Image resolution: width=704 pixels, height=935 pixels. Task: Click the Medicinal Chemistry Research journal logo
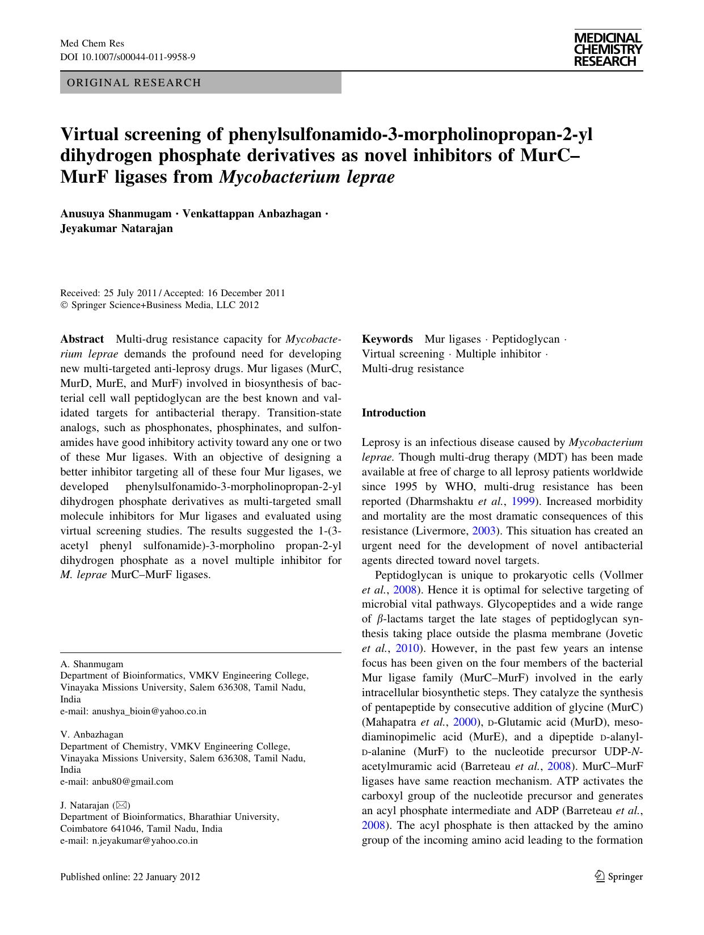pyautogui.click(x=608, y=49)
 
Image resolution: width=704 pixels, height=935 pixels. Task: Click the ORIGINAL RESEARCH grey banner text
pyautogui.click(x=134, y=83)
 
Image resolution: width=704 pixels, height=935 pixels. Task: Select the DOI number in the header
pyautogui.click(x=139, y=57)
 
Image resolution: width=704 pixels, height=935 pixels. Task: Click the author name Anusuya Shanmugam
pyautogui.click(x=116, y=214)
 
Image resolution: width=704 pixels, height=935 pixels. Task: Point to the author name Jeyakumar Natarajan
pyautogui.click(x=116, y=229)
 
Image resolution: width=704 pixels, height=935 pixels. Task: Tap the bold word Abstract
pyautogui.click(x=82, y=339)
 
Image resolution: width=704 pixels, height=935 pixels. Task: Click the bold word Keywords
pyautogui.click(x=387, y=339)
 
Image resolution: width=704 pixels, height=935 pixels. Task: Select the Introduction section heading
pyautogui.click(x=394, y=413)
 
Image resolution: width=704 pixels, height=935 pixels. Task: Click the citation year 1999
pyautogui.click(x=522, y=502)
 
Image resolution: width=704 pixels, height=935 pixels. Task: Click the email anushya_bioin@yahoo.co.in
pyautogui.click(x=149, y=711)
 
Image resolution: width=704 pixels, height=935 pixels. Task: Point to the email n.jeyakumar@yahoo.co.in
pyautogui.click(x=145, y=840)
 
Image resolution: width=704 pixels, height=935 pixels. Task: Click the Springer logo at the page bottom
pyautogui.click(x=618, y=877)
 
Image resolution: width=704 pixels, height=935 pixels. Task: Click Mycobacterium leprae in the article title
pyautogui.click(x=306, y=176)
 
